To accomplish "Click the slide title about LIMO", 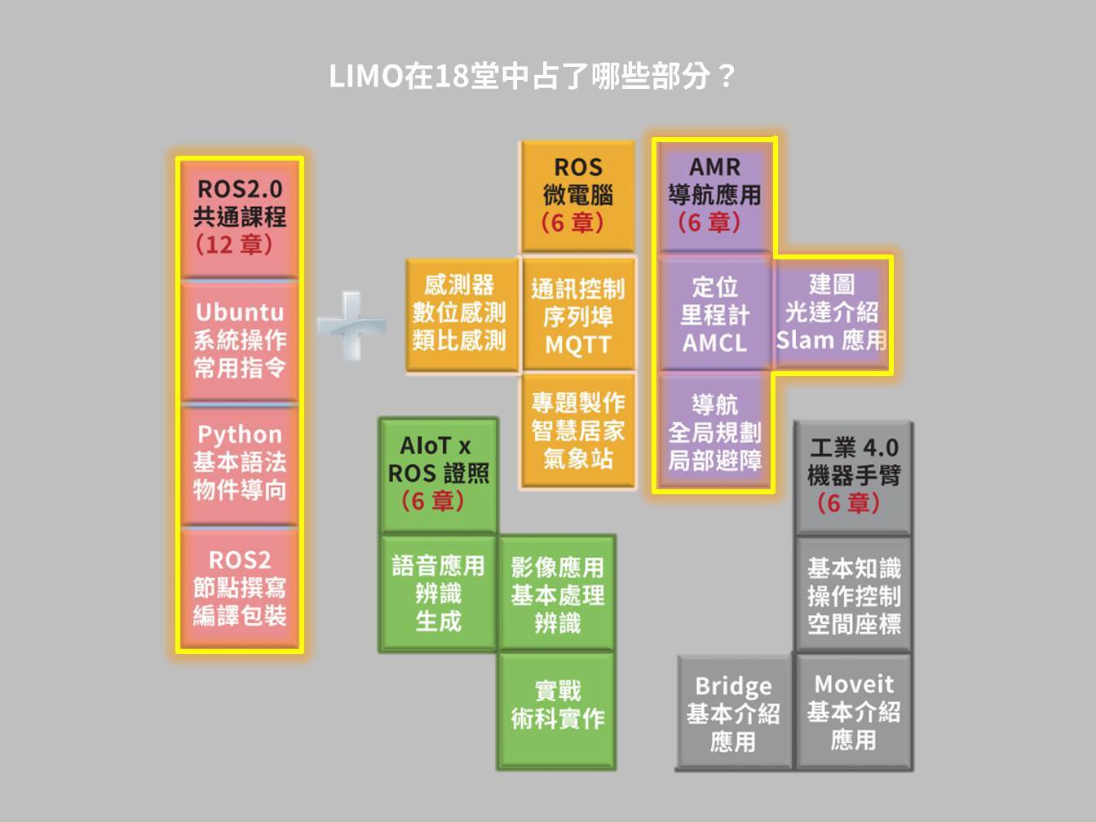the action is pyautogui.click(x=532, y=76).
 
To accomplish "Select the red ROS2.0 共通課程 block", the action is pyautogui.click(x=240, y=217).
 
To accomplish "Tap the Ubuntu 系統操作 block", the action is pyautogui.click(x=240, y=340).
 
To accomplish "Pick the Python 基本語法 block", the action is pyautogui.click(x=240, y=462).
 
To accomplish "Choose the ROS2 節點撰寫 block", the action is pyautogui.click(x=240, y=588).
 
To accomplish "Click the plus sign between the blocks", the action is pyautogui.click(x=351, y=325).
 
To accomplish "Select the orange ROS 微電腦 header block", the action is pyautogui.click(x=577, y=196).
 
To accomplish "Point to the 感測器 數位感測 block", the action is pyautogui.click(x=460, y=314).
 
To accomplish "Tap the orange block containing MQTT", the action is pyautogui.click(x=577, y=316).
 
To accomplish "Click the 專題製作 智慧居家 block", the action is pyautogui.click(x=577, y=431).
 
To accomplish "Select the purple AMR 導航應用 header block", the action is pyautogui.click(x=714, y=196).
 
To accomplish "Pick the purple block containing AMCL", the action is pyautogui.click(x=714, y=315).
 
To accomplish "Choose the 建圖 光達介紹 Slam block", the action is pyautogui.click(x=831, y=313).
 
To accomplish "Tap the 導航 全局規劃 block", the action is pyautogui.click(x=714, y=432).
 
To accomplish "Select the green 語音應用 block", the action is pyautogui.click(x=438, y=594).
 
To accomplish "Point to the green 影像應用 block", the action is pyautogui.click(x=557, y=594).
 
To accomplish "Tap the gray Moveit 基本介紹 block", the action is pyautogui.click(x=854, y=712).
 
